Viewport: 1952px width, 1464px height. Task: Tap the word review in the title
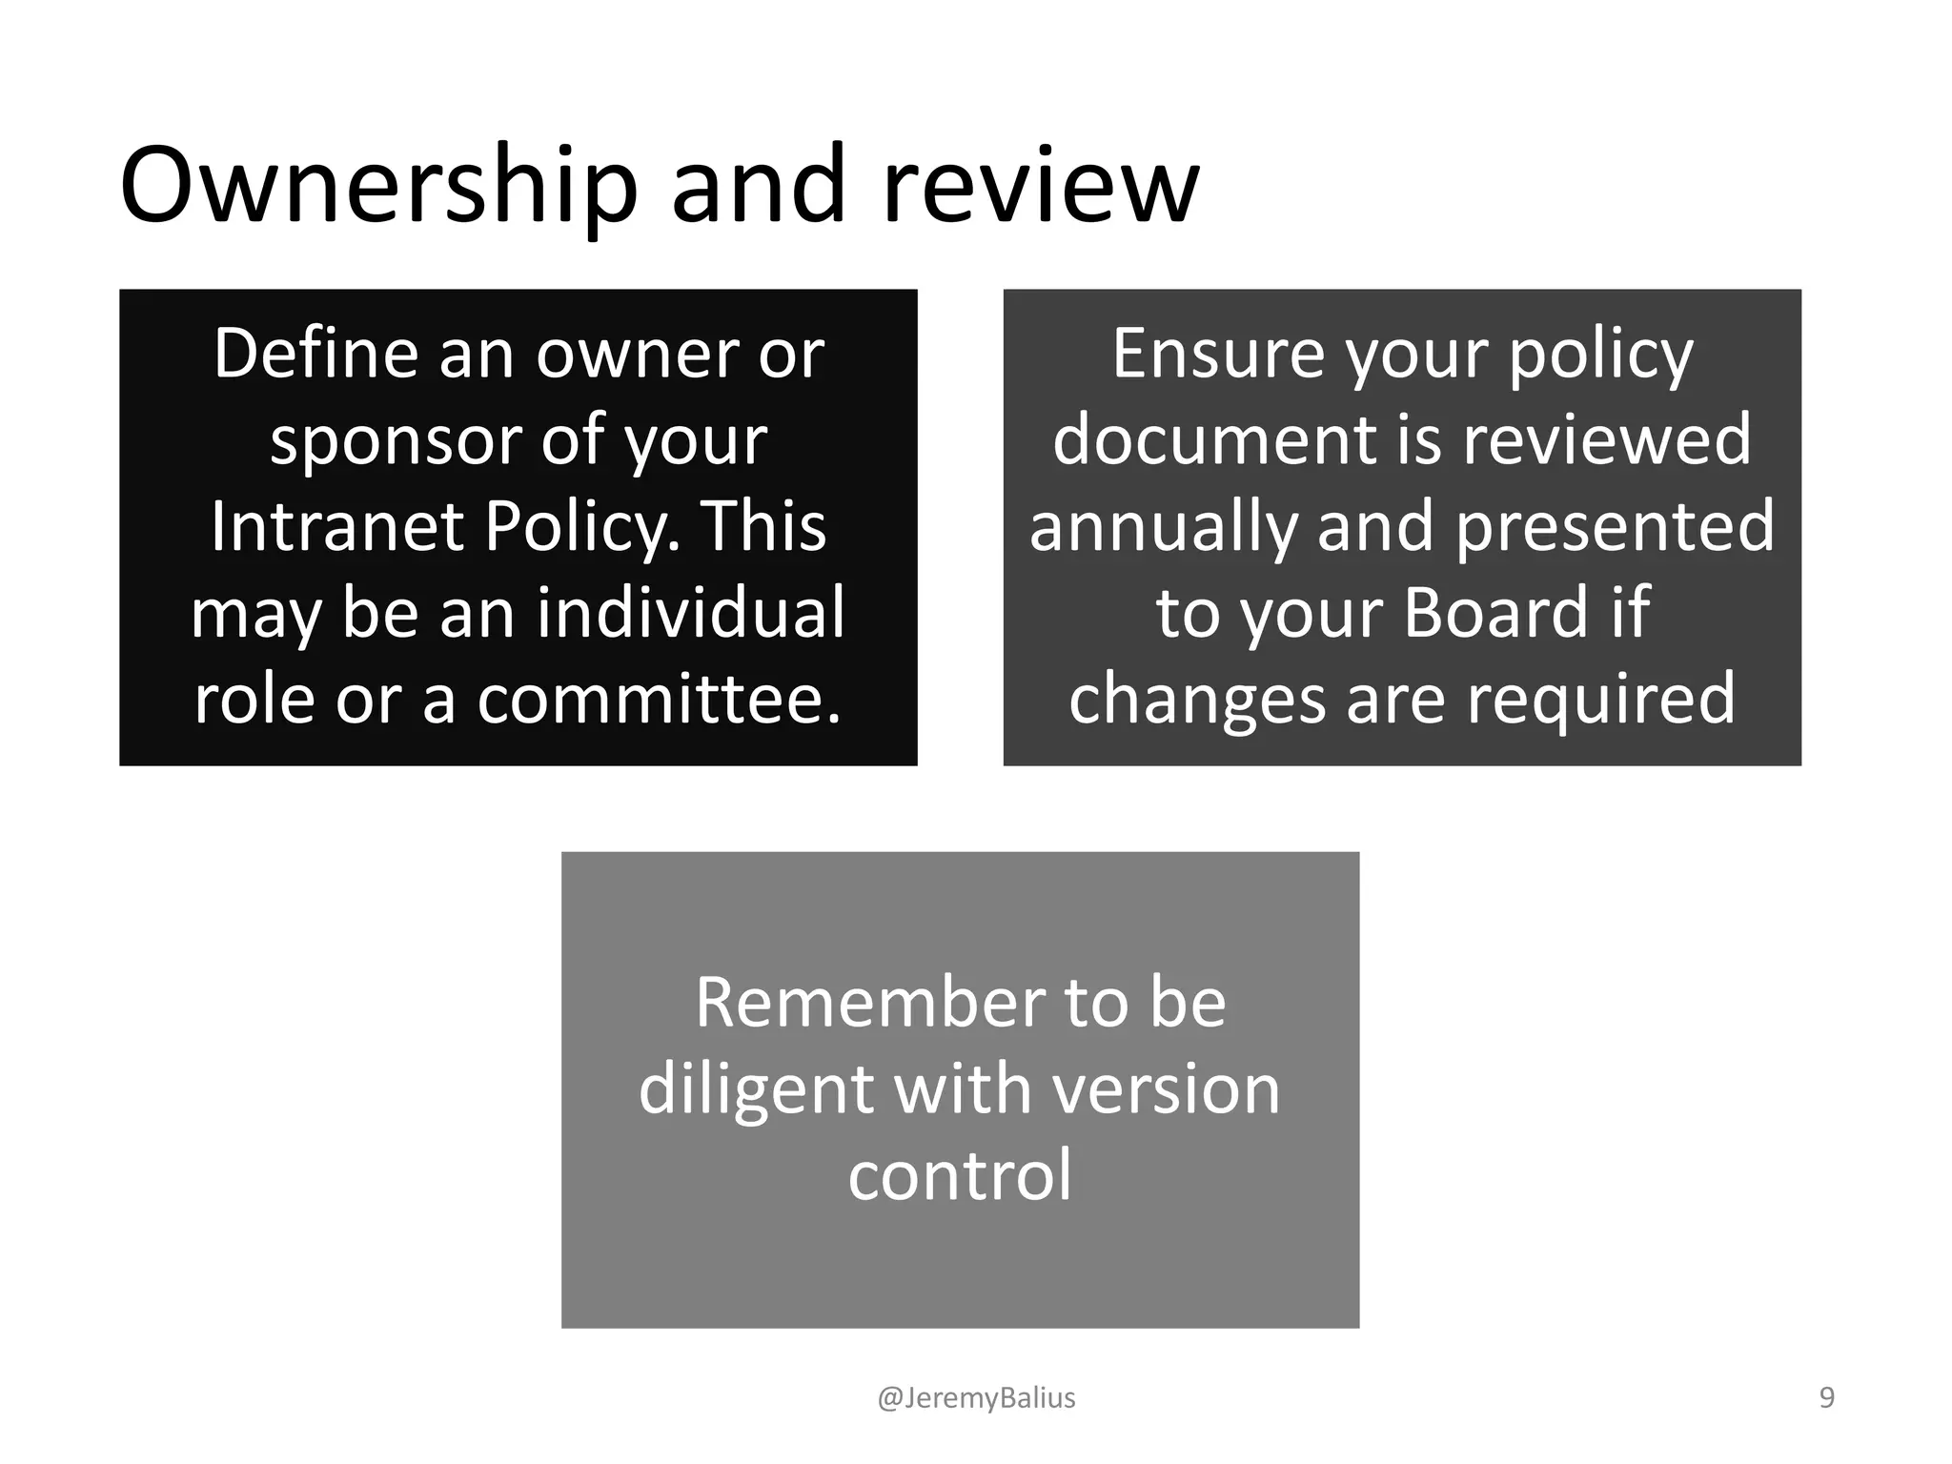[1041, 186]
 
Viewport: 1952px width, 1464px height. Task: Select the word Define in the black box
[315, 354]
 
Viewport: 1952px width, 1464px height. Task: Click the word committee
[660, 699]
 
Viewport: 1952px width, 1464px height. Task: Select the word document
[1214, 440]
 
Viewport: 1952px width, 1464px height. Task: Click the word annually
[1164, 526]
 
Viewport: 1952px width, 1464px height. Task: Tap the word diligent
[755, 1089]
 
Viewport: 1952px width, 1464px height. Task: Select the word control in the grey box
[960, 1175]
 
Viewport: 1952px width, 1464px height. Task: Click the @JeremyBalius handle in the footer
[976, 1397]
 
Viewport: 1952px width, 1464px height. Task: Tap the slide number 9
[1827, 1397]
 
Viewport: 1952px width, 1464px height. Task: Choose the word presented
[1616, 526]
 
